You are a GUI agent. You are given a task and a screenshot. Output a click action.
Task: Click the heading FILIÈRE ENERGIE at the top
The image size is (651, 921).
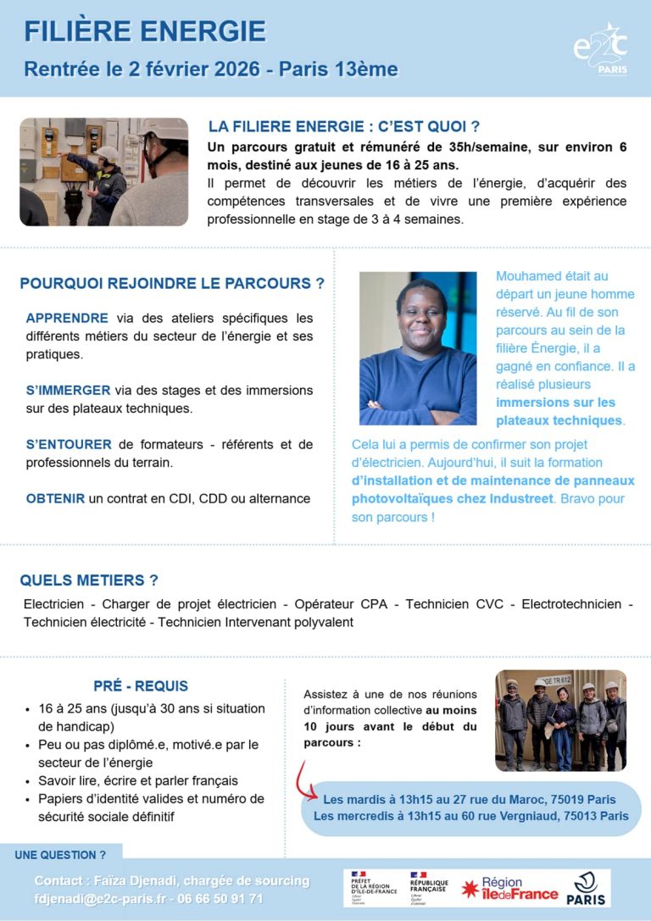click(x=144, y=32)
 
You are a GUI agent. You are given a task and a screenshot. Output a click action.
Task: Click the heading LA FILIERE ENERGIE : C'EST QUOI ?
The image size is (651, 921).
click(x=344, y=127)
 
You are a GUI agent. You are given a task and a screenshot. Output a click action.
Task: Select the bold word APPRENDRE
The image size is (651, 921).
click(x=67, y=319)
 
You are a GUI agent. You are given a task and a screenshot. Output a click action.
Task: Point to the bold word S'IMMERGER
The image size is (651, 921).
click(x=68, y=391)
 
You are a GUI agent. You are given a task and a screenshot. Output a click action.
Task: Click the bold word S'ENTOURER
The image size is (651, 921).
click(x=69, y=444)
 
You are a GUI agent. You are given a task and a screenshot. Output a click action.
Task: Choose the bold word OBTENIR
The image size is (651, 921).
click(x=55, y=498)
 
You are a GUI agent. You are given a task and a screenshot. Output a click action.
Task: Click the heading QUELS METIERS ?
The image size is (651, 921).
click(x=89, y=580)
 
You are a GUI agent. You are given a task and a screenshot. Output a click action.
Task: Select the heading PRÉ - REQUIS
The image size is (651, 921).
click(x=141, y=685)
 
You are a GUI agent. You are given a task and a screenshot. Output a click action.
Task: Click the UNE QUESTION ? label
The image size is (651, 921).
click(x=60, y=855)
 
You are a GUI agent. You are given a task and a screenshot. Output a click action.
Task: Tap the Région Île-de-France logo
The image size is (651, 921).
click(x=509, y=888)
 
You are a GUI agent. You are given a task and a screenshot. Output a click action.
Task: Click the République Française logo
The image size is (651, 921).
click(x=430, y=887)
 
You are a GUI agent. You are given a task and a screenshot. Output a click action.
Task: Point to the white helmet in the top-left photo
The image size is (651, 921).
click(x=107, y=153)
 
